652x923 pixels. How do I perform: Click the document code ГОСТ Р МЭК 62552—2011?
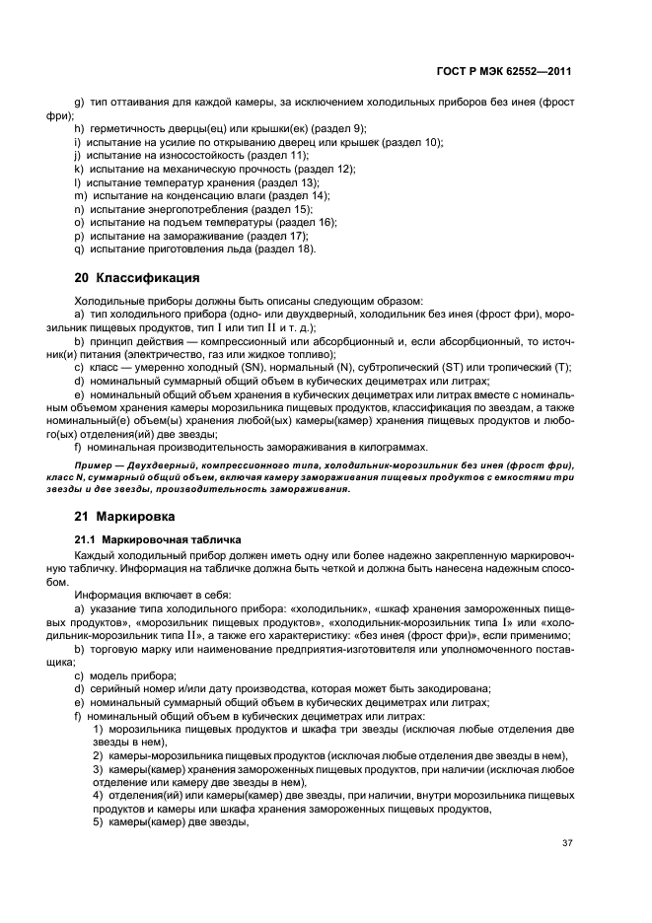(507, 72)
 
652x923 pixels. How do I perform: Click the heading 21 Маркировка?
(125, 515)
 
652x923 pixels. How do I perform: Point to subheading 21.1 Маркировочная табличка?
(159, 538)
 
